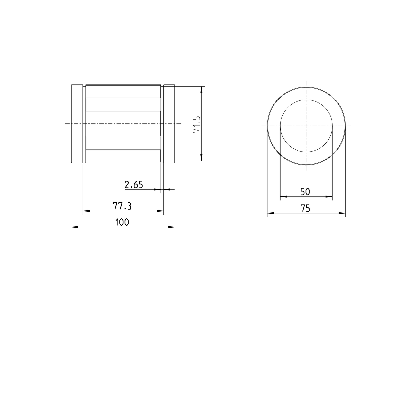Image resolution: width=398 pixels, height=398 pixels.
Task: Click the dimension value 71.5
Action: (196, 124)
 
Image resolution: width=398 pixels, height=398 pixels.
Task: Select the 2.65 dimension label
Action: (134, 185)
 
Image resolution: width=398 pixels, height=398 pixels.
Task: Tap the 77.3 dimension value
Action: (122, 206)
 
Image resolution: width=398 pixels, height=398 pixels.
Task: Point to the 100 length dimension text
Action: (122, 222)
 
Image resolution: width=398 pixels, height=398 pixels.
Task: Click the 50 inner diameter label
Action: (305, 192)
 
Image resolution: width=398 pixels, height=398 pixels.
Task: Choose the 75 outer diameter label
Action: (305, 209)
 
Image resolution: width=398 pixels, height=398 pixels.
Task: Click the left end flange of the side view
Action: (77, 123)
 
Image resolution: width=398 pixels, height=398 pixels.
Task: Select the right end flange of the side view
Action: (169, 123)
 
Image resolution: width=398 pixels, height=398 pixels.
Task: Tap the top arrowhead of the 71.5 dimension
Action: (201, 89)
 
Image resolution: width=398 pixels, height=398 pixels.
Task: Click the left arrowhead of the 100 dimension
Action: (74, 227)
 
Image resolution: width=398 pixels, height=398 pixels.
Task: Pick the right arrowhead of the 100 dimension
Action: (172, 227)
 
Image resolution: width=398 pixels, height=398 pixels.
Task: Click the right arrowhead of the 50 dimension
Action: (329, 197)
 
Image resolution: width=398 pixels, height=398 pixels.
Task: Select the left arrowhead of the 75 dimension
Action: (270, 213)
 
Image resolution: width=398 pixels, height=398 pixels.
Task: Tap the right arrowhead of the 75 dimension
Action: (342, 213)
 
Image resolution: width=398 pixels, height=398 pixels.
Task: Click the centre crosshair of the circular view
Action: (306, 126)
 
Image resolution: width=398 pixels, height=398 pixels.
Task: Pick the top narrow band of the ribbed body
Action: (123, 92)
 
